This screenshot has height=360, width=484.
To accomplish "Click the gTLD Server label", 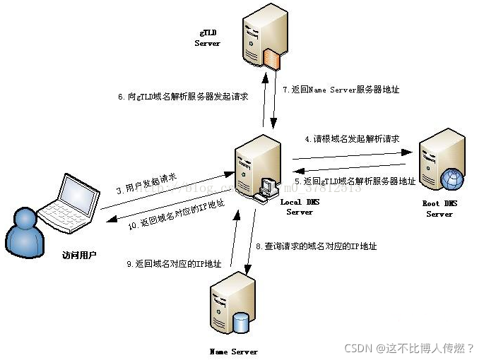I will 208,38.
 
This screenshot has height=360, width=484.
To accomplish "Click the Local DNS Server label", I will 300,207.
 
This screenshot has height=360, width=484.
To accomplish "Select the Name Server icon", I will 232,305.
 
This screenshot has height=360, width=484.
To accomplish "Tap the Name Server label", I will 234,351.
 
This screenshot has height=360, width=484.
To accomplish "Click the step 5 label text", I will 355,181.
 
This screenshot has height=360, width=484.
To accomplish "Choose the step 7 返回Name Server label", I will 341,90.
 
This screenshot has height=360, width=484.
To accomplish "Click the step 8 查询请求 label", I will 316,246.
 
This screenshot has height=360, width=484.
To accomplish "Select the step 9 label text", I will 174,264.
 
